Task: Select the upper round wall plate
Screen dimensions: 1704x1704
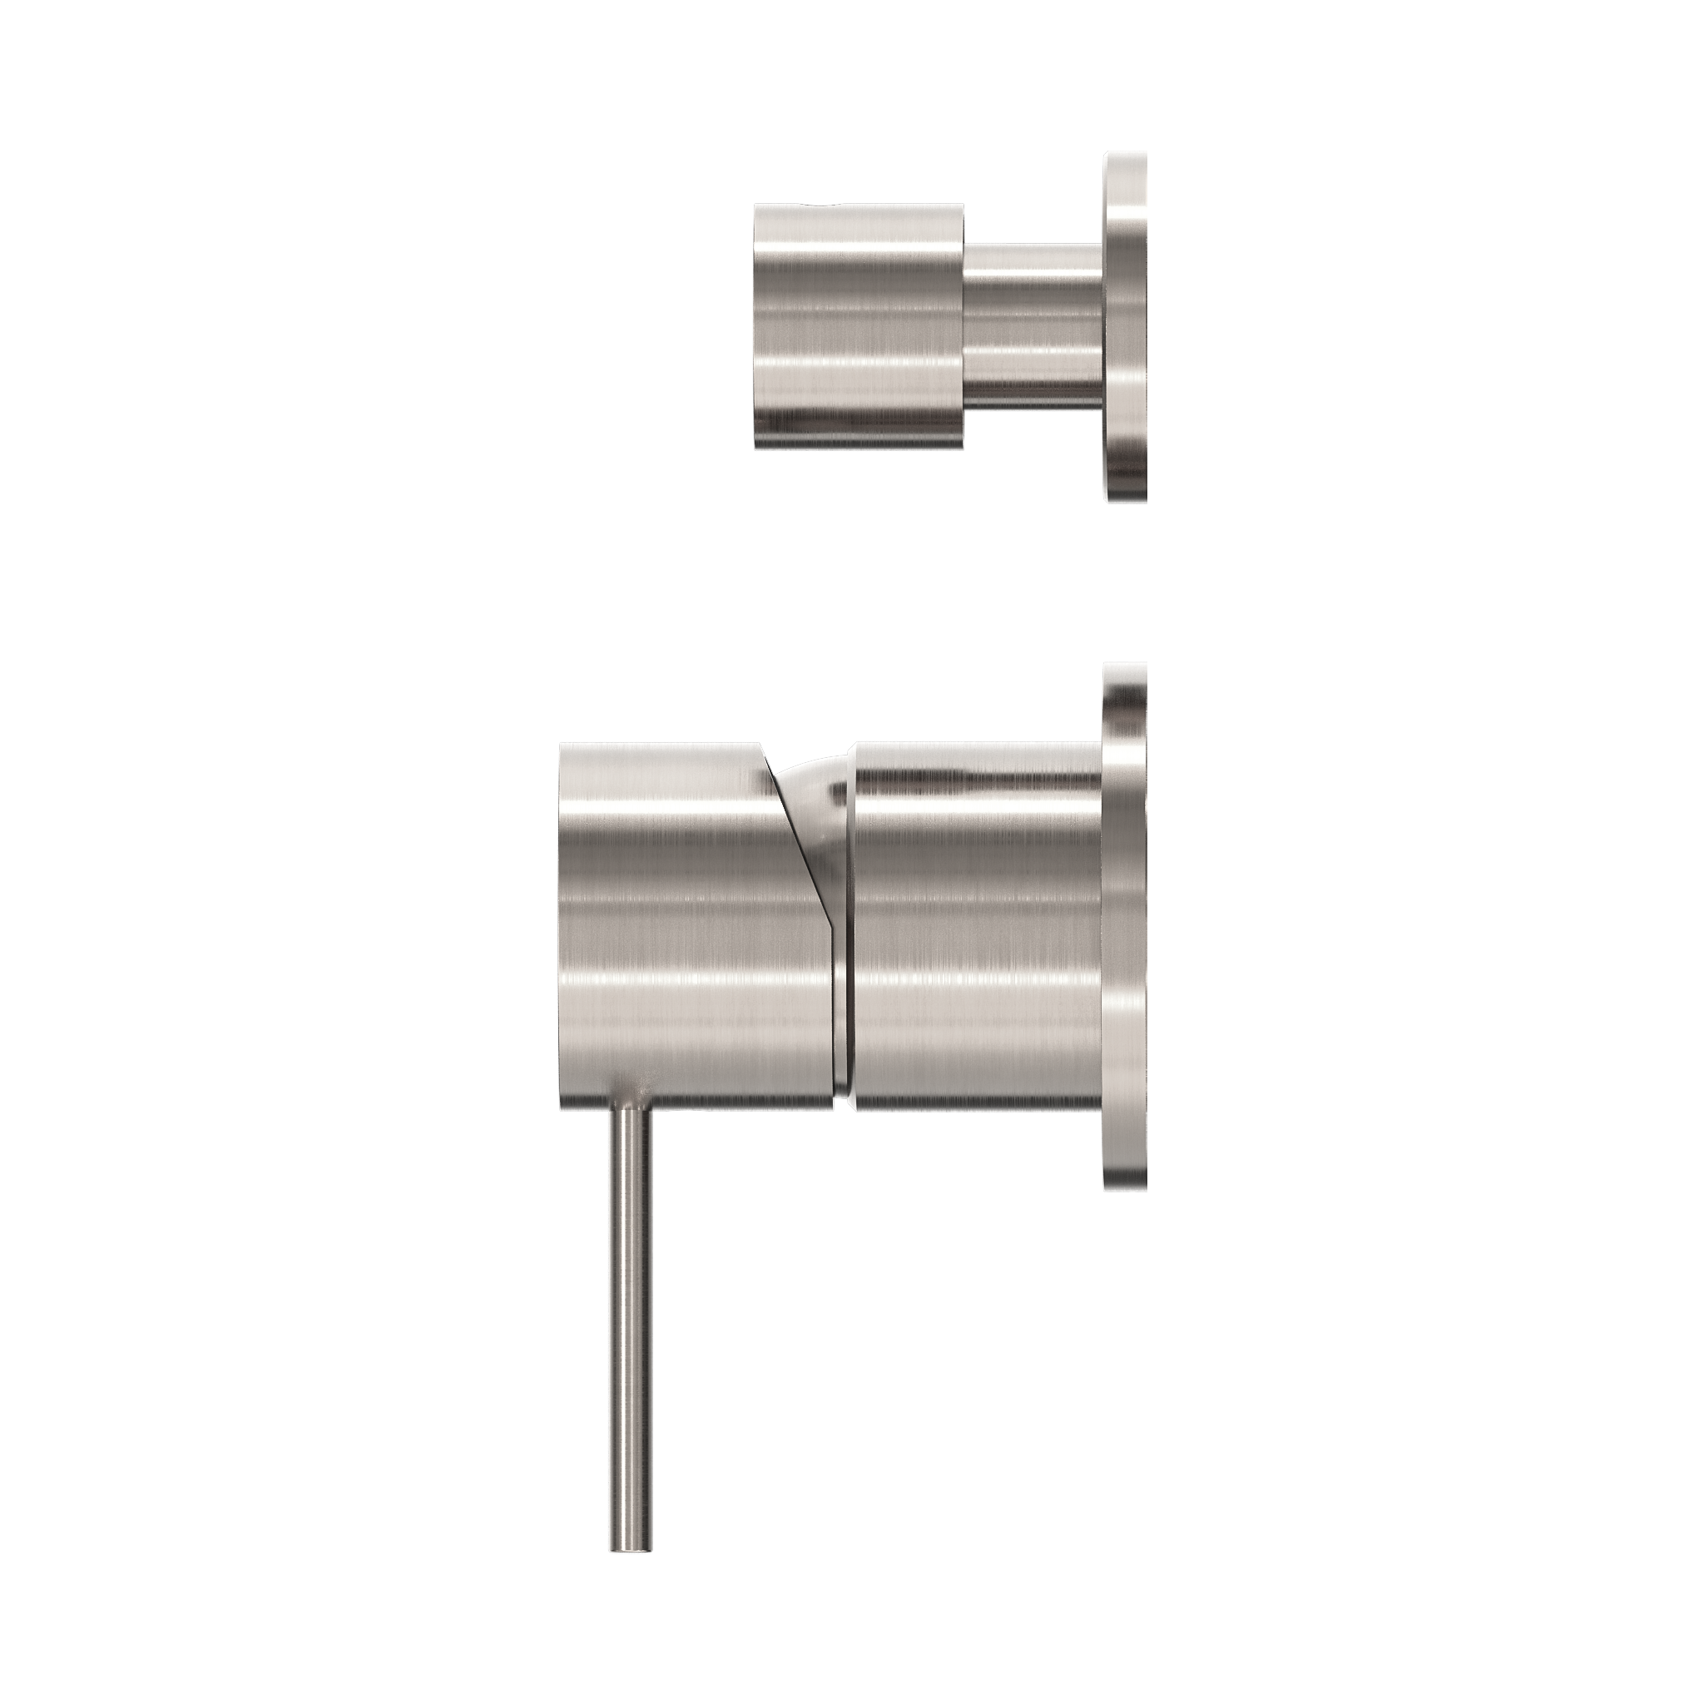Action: click(1126, 326)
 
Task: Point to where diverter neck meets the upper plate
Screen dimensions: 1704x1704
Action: click(1102, 326)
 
